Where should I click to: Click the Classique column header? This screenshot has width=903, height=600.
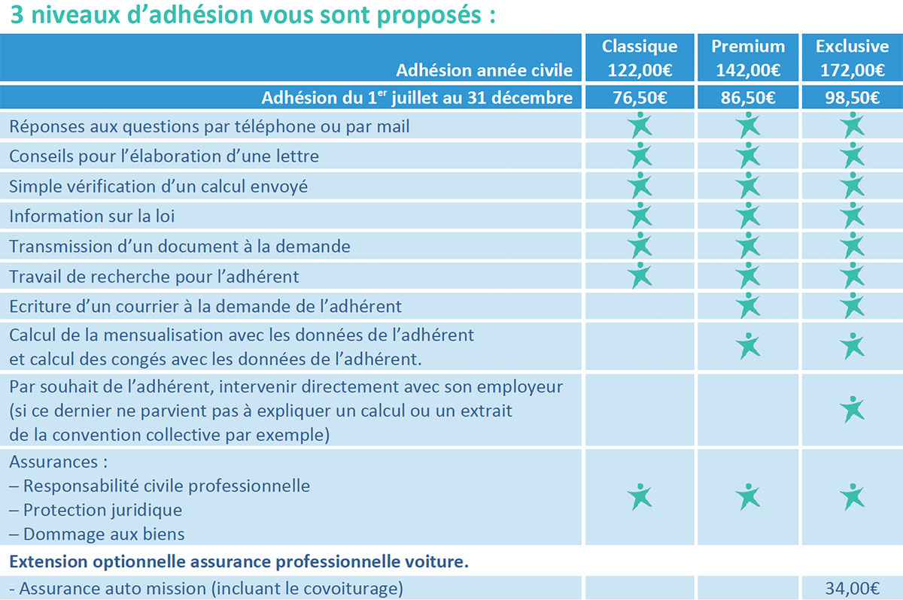(640, 47)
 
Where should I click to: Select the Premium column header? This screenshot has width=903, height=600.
(748, 47)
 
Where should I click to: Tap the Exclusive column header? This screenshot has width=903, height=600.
(852, 47)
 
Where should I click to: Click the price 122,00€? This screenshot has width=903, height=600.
(640, 71)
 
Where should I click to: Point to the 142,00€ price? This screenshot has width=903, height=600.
(748, 71)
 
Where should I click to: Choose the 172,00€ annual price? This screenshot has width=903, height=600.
(852, 71)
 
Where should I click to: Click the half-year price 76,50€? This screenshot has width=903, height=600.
(640, 98)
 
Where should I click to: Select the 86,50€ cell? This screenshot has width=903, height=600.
(748, 98)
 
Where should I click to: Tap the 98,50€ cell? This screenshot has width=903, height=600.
(852, 98)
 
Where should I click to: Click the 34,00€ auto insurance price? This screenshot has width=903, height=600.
(852, 589)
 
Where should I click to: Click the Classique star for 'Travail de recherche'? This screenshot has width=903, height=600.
(640, 275)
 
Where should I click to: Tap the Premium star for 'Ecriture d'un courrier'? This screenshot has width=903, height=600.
(748, 305)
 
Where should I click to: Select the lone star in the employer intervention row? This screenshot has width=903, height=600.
(852, 410)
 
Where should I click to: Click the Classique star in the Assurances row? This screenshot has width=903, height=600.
(640, 496)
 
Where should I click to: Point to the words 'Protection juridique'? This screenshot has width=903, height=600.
(102, 510)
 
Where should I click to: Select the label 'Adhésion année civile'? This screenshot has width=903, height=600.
(484, 71)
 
